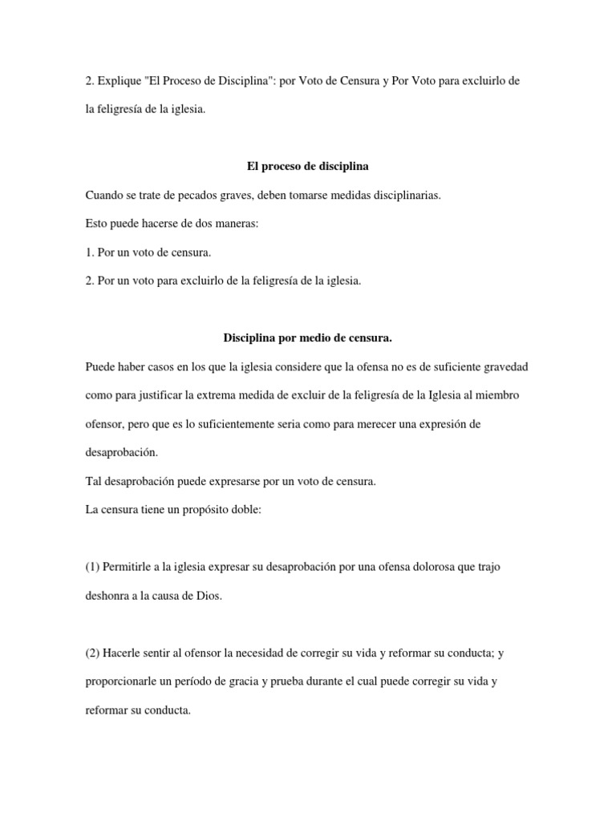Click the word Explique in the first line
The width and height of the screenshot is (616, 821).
pyautogui.click(x=116, y=83)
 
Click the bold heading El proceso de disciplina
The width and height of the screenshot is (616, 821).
pyautogui.click(x=307, y=167)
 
